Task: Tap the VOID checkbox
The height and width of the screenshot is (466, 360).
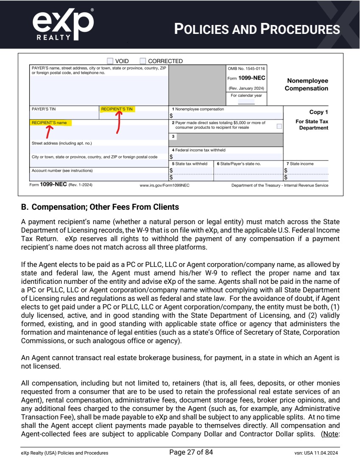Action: point(110,61)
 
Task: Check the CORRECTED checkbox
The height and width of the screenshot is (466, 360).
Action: point(143,61)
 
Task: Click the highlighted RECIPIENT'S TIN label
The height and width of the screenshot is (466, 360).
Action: point(117,109)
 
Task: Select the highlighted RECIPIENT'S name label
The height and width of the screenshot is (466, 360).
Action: point(50,123)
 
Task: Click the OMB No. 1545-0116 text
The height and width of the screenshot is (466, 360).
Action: point(247,68)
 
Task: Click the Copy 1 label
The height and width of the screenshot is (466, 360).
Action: point(319,112)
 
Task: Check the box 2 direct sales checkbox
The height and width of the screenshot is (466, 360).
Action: point(279,126)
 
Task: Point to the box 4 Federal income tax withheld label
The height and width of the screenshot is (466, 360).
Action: point(198,150)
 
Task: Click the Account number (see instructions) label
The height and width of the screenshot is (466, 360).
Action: point(62,170)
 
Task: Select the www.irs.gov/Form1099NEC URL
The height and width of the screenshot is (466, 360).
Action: point(165,185)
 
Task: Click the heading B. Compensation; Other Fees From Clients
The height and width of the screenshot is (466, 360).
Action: point(100,208)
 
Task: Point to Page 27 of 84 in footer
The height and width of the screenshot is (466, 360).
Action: point(191,452)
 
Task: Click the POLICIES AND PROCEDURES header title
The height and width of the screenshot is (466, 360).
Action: point(257,29)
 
